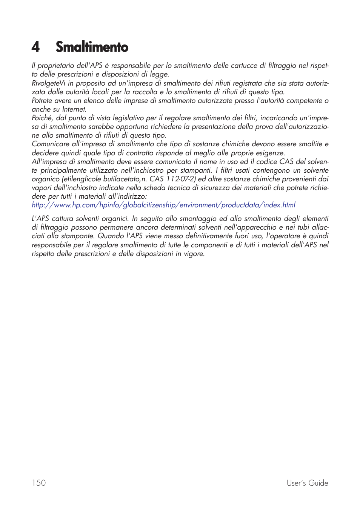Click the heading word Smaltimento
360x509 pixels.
point(92,47)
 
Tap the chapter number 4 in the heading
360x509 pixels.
point(35,47)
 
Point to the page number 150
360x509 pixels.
point(39,483)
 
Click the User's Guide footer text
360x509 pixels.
point(307,483)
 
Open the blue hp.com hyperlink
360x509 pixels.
point(163,205)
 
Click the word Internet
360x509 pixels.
point(74,109)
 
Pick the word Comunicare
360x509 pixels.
point(50,144)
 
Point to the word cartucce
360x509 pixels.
point(243,66)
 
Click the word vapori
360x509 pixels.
point(42,188)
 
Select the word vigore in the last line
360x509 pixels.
point(194,254)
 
